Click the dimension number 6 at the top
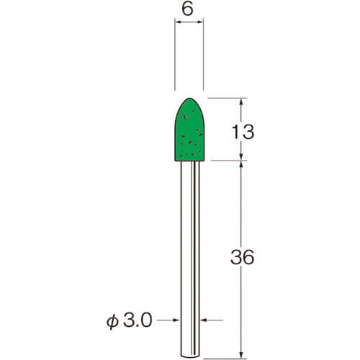point(187,10)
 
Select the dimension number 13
point(243,132)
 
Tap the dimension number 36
point(242,257)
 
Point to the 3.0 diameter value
point(138,320)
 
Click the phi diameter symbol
point(112,322)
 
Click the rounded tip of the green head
point(189,98)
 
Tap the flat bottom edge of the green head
point(189,161)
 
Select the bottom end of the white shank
point(190,356)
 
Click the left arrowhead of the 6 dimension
point(178,22)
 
